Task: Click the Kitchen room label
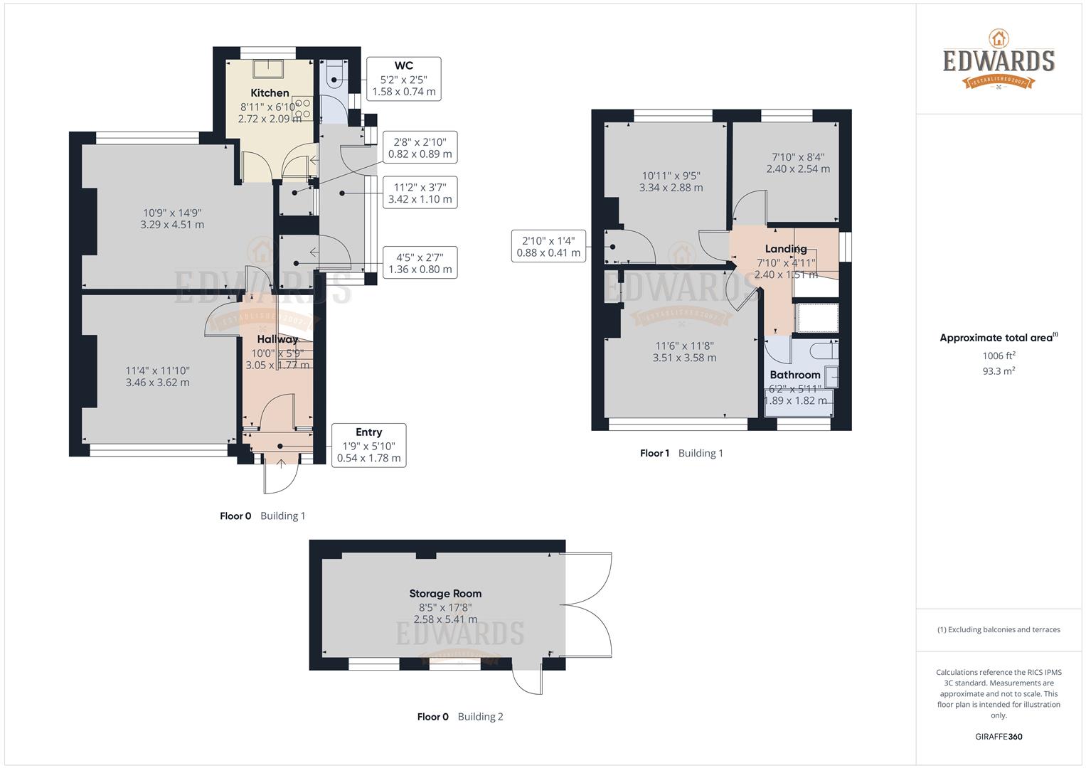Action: [270, 93]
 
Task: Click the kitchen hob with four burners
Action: [302, 108]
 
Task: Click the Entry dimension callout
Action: [368, 445]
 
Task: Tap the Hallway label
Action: [277, 339]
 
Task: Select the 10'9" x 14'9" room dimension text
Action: [172, 218]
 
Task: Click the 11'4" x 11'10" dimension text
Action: [157, 376]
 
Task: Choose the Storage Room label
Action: [445, 593]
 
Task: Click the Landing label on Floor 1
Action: [786, 249]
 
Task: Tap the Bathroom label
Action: [795, 375]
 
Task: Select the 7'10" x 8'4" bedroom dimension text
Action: [798, 163]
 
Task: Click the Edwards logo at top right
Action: [999, 60]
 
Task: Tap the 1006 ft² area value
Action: [999, 356]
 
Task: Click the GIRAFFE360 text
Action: [999, 737]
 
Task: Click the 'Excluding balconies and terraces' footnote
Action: [999, 629]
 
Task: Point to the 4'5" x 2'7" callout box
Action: [420, 263]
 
